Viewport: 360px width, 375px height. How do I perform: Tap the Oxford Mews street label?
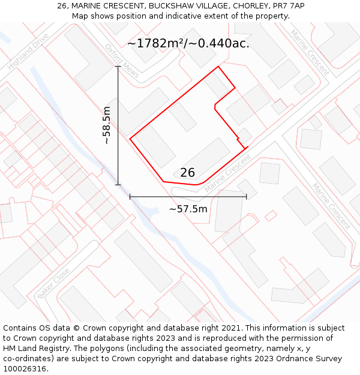pyautogui.click(x=122, y=61)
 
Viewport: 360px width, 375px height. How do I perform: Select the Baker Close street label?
pyautogui.click(x=53, y=283)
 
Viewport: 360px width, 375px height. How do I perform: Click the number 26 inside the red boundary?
pyautogui.click(x=187, y=173)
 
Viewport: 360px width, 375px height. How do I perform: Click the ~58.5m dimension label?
pyautogui.click(x=106, y=125)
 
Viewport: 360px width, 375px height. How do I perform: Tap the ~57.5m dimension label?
pyautogui.click(x=188, y=209)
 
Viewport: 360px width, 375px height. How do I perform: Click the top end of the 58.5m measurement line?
pyautogui.click(x=118, y=66)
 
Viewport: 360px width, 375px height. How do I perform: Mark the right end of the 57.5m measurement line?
pyautogui.click(x=247, y=196)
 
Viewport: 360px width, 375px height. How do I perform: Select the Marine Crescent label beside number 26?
pyautogui.click(x=227, y=175)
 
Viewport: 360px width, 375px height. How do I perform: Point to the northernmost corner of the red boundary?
pyautogui.click(x=218, y=67)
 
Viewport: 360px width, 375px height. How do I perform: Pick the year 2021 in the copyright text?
pyautogui.click(x=230, y=328)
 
